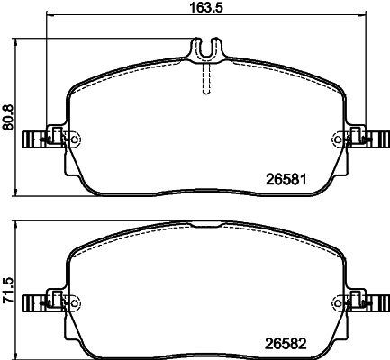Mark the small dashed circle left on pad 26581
point(73,139)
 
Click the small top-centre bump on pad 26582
point(208,221)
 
